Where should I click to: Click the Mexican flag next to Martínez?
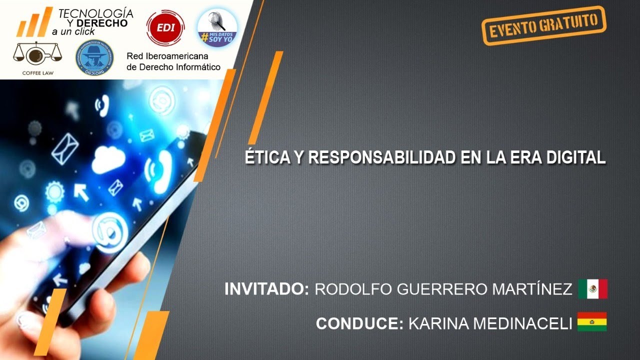592,289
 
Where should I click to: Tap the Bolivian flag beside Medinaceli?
592,322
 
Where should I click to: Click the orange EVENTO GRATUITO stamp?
543,25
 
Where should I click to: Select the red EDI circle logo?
165,27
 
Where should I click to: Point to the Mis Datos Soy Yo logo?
217,27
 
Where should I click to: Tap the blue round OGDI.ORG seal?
94,57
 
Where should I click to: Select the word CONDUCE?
359,323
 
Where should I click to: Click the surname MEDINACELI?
490,323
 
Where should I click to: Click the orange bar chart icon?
34,22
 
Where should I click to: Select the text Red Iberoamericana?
167,56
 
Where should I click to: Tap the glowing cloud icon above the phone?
108,158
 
